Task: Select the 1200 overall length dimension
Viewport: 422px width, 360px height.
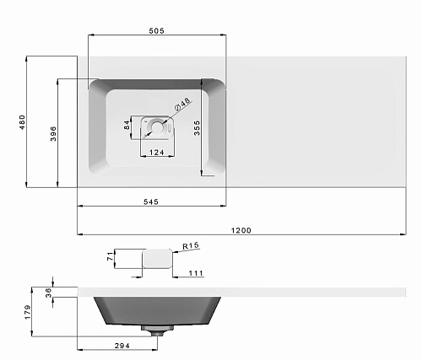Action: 244,230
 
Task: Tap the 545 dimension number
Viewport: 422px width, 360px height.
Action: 151,201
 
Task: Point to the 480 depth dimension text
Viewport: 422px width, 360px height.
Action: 22,121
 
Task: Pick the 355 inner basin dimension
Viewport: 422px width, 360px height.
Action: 197,128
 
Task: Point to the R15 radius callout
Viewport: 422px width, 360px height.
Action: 190,246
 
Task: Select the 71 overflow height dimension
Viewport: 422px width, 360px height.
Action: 110,256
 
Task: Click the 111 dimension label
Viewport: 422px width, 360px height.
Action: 196,272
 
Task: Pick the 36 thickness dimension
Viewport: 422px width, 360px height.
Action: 49,292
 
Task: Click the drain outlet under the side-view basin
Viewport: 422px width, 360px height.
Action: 154,330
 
